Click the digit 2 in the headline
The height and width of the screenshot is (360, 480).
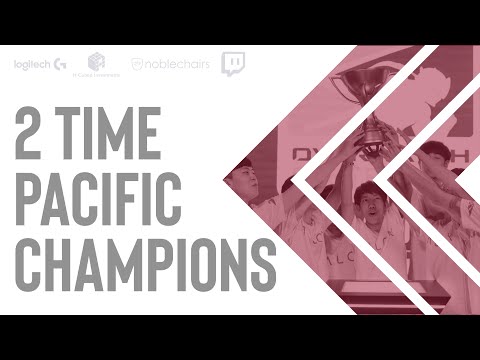(x=33, y=134)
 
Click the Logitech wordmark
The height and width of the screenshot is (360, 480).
(x=34, y=65)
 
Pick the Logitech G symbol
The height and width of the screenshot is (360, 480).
(x=62, y=65)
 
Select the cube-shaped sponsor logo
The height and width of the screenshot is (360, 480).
(x=97, y=62)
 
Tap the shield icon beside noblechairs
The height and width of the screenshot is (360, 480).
(x=138, y=65)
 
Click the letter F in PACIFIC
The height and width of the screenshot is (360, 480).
(x=154, y=196)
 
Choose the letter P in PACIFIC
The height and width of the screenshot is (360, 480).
(x=28, y=196)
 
